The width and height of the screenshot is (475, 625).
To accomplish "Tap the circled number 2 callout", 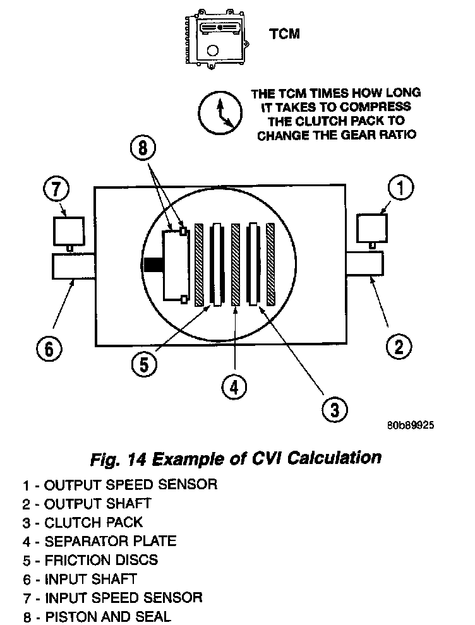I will pos(399,345).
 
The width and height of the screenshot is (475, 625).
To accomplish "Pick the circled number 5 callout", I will pos(145,364).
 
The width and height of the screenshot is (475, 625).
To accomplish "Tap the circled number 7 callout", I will pos(56,189).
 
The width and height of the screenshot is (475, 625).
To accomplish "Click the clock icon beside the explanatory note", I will pos(218,113).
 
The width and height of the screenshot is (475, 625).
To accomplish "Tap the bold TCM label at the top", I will pos(285,34).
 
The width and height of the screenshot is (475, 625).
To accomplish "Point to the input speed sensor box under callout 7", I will pos(68,231).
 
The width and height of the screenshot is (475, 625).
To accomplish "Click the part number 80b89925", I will pos(410,426).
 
